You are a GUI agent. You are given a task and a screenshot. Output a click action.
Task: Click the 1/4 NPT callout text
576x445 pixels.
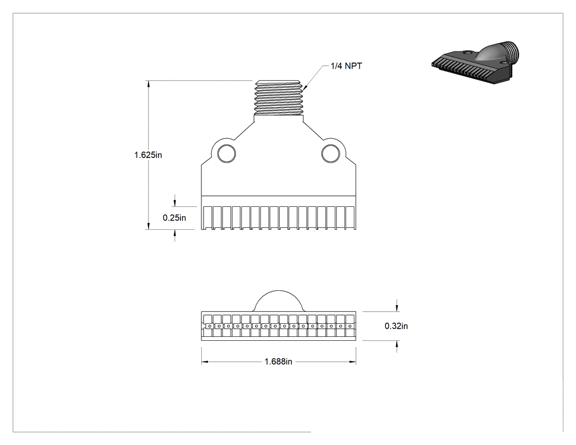tap(346, 66)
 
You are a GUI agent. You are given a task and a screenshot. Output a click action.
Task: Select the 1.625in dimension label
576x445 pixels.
tap(148, 155)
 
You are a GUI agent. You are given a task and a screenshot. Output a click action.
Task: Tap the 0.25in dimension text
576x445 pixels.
tap(174, 218)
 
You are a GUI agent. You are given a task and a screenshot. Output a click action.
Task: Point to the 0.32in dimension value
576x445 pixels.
tap(397, 326)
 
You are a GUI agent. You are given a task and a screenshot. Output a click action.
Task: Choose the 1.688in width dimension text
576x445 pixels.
tap(279, 362)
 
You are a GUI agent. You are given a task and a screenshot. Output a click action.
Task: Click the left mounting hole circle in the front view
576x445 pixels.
tap(227, 154)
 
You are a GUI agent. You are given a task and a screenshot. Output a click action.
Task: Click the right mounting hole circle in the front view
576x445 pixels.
tap(331, 154)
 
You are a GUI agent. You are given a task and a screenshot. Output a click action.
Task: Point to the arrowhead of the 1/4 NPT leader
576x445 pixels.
tap(304, 88)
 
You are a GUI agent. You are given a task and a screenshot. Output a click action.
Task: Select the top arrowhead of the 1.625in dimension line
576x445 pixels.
tap(149, 83)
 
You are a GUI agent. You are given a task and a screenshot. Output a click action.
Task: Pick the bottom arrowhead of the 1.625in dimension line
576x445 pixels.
tap(149, 226)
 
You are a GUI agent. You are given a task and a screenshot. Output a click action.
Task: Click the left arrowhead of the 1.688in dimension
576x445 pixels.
tap(205, 362)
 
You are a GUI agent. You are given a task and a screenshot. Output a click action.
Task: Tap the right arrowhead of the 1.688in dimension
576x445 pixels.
tap(352, 362)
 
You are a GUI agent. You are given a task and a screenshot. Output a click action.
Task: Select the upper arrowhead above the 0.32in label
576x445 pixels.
tap(397, 308)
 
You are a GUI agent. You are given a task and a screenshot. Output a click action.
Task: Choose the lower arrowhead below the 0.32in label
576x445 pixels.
tap(397, 344)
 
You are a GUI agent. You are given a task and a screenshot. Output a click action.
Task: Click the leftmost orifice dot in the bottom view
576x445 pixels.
tap(210, 326)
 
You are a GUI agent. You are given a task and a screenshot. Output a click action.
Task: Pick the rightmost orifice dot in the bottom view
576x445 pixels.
tap(350, 326)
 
